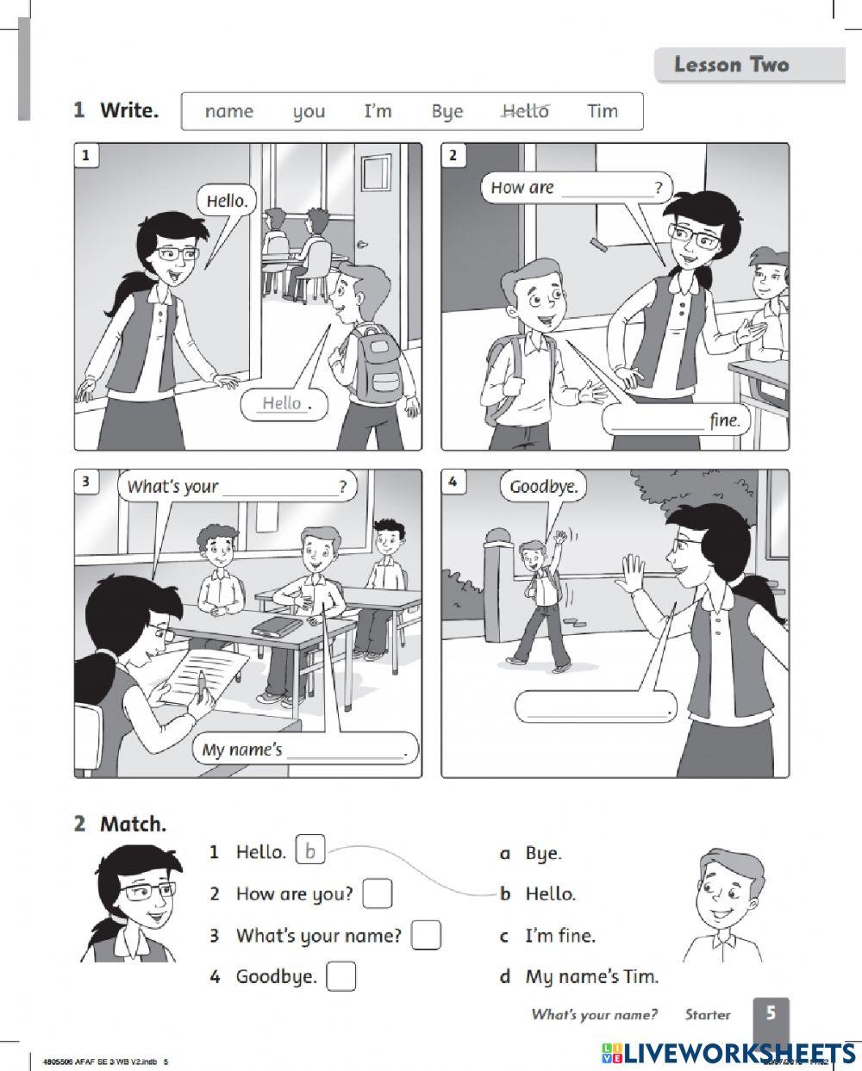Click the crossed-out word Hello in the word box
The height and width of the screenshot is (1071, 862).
524,111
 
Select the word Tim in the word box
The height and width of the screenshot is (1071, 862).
603,111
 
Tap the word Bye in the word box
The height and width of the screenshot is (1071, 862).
447,112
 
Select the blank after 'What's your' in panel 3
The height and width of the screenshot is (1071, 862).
280,489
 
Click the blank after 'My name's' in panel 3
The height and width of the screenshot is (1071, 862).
346,750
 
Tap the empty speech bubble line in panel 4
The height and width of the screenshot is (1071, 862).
595,709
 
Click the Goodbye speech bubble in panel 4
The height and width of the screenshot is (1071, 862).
542,488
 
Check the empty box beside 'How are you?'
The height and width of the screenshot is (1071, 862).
377,894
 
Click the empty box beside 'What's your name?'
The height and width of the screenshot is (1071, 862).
426,935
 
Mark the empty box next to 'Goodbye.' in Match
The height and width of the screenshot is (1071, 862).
341,976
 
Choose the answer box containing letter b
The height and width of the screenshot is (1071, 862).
310,852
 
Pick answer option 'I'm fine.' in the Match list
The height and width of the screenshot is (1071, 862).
559,936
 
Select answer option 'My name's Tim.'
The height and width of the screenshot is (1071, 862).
591,977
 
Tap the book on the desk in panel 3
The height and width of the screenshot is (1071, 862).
278,626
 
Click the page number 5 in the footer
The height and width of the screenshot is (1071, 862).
771,1013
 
